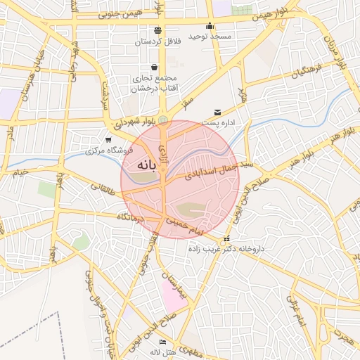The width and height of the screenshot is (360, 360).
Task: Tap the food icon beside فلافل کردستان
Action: pos(156,31)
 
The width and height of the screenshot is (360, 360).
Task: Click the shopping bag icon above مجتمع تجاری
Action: pos(154,67)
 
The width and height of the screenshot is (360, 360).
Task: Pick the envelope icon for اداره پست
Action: pos(217,112)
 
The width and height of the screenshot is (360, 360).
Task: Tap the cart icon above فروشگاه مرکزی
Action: pos(108,140)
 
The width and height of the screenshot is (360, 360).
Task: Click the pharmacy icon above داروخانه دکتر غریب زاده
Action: pos(226,239)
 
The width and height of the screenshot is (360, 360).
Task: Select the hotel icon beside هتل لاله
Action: pos(163,342)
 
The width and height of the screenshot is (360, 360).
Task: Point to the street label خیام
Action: pos(20,172)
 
